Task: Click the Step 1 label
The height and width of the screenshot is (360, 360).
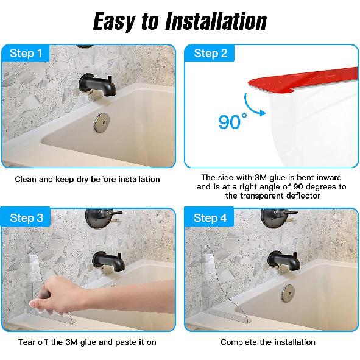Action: click(x=26, y=54)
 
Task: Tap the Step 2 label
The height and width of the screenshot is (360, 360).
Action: click(x=210, y=54)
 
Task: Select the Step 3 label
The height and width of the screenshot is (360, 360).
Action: click(x=26, y=217)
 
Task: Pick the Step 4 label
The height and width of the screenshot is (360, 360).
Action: click(x=210, y=217)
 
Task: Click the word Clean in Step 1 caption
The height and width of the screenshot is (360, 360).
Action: click(x=27, y=179)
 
